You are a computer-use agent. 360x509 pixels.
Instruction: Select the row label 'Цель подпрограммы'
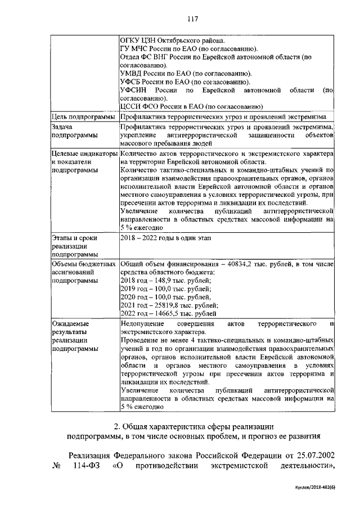[84, 117]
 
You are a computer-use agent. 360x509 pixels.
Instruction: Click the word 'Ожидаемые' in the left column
[70, 324]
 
